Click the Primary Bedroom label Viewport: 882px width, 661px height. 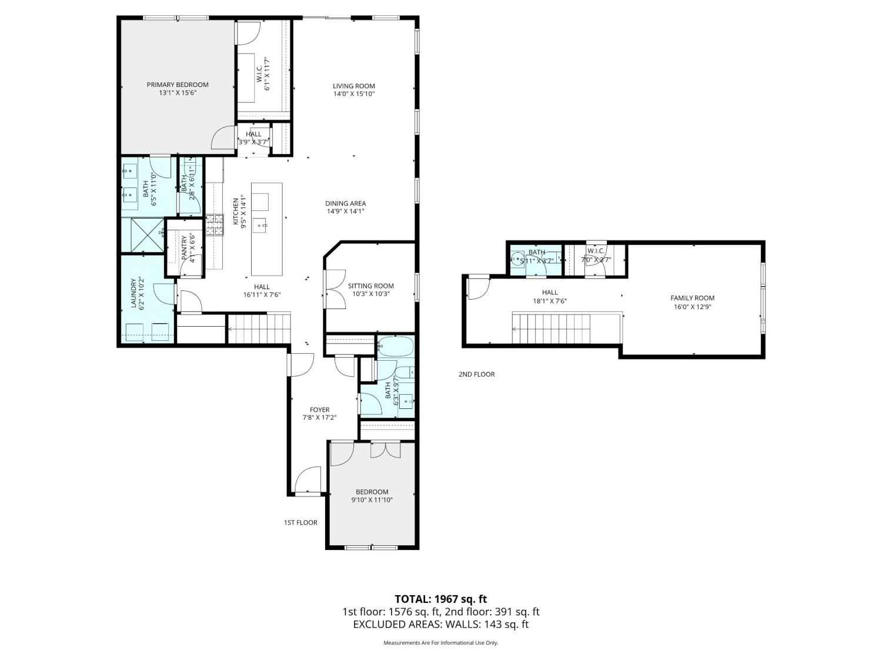point(177,85)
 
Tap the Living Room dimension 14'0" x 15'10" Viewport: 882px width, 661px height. point(353,94)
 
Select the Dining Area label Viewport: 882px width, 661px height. point(345,203)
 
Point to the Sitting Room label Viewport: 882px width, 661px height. point(370,286)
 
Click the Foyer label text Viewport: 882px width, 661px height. point(319,410)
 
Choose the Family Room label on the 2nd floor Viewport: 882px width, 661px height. point(692,298)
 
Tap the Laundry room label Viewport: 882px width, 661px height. point(134,293)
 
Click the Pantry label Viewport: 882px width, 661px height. point(184,248)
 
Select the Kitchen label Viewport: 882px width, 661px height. point(236,211)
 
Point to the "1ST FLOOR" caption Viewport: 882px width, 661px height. point(300,522)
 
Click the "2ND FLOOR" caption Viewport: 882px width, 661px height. point(476,374)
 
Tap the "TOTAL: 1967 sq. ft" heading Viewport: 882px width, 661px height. point(440,599)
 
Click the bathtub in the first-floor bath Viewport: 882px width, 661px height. point(395,347)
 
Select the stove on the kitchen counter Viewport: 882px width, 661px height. point(215,225)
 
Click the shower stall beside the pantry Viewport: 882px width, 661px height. point(143,235)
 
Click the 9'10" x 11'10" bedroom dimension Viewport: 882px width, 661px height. point(372,500)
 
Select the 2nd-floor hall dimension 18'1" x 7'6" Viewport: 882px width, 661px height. point(550,301)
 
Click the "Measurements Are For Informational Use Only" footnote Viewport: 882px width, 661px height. point(440,643)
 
